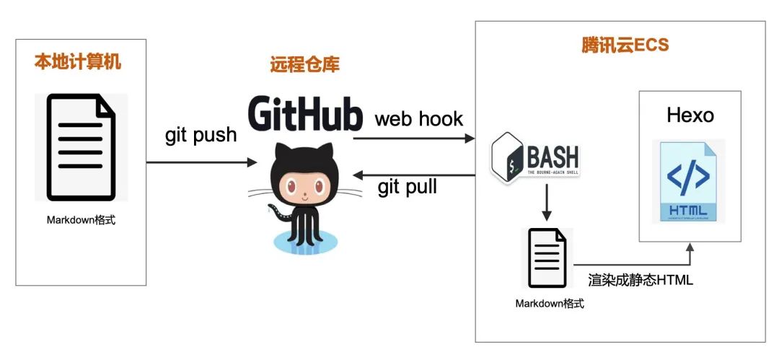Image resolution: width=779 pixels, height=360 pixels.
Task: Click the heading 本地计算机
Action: point(78,62)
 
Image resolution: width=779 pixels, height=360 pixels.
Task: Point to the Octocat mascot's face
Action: point(303,183)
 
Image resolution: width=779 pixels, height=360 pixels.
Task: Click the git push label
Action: point(201,135)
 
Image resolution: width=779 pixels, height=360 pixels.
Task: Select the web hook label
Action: point(418,118)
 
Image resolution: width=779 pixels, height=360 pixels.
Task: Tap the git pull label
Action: point(408,188)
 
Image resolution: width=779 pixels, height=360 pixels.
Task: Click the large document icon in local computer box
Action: point(81,147)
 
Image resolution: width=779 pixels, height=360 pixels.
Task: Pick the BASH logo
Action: point(534,156)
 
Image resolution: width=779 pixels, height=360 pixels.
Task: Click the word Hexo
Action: point(690,115)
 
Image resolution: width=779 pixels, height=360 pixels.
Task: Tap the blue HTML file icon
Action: point(687,181)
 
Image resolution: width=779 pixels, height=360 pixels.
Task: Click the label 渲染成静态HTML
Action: point(641,280)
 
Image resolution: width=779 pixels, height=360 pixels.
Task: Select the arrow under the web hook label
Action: point(418,139)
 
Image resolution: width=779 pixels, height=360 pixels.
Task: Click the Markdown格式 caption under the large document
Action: point(81,219)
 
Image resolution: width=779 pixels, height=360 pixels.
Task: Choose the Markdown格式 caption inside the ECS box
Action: point(549,303)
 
